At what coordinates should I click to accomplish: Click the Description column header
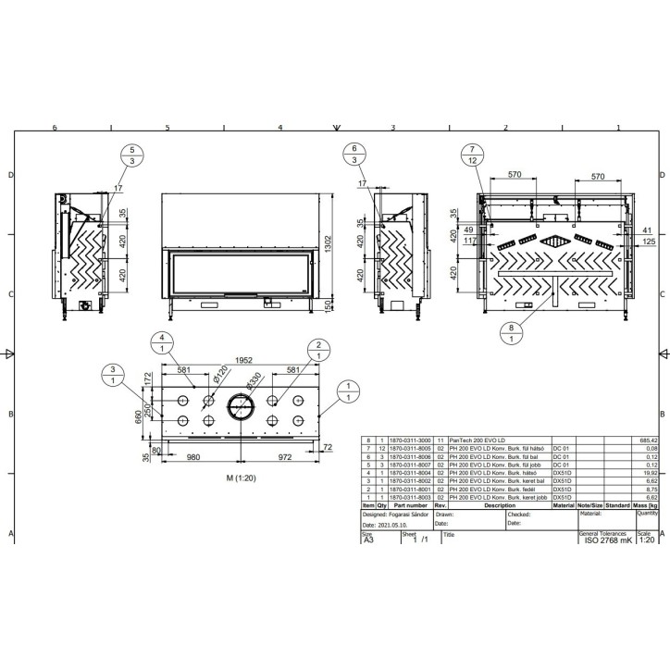tap(499, 505)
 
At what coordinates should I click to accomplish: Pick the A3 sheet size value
tap(367, 541)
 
